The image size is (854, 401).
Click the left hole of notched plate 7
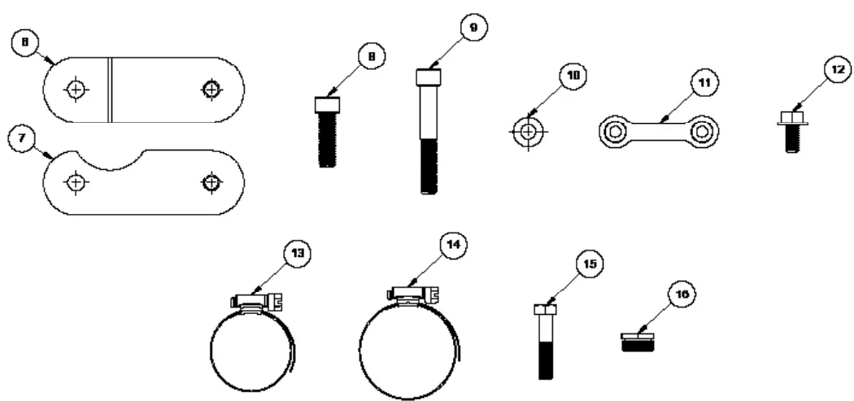coord(75,183)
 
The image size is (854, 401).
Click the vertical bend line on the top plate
coord(109,89)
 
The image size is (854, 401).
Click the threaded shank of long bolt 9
coord(429,167)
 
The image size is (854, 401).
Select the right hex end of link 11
coord(702,132)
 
